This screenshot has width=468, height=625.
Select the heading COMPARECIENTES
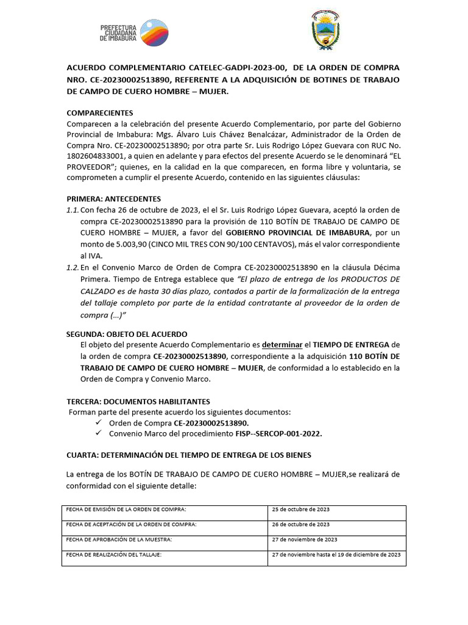(x=104, y=114)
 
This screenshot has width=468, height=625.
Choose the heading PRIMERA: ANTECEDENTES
(x=113, y=199)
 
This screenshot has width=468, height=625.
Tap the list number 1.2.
(x=73, y=268)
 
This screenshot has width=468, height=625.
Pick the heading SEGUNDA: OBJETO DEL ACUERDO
(x=126, y=334)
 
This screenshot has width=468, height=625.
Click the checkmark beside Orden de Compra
(x=99, y=423)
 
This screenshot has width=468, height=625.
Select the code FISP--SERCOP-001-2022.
(x=278, y=434)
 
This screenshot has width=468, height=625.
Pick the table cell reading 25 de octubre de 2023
(x=301, y=509)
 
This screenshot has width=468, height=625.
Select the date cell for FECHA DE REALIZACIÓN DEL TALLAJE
(x=336, y=555)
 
